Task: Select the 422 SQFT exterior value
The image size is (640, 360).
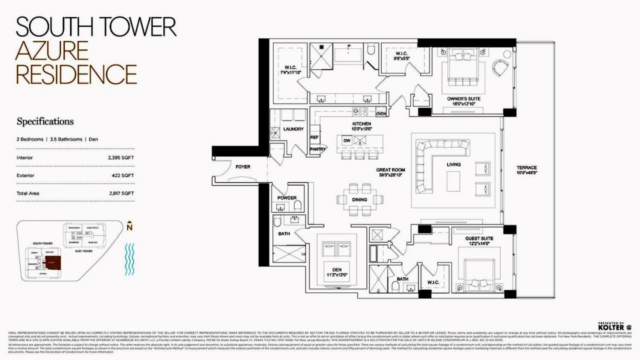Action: tap(124, 175)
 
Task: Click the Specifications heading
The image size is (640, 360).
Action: tap(45, 121)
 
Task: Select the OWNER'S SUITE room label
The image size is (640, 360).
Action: tap(463, 99)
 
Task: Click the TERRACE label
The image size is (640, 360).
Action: tap(527, 167)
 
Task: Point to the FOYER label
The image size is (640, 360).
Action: tap(242, 166)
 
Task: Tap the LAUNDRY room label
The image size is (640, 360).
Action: tap(293, 129)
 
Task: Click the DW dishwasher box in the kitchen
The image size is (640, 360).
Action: tap(346, 141)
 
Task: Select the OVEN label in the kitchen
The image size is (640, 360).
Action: tap(381, 113)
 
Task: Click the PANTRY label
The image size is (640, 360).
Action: tap(317, 149)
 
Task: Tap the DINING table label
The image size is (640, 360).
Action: tap(359, 199)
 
